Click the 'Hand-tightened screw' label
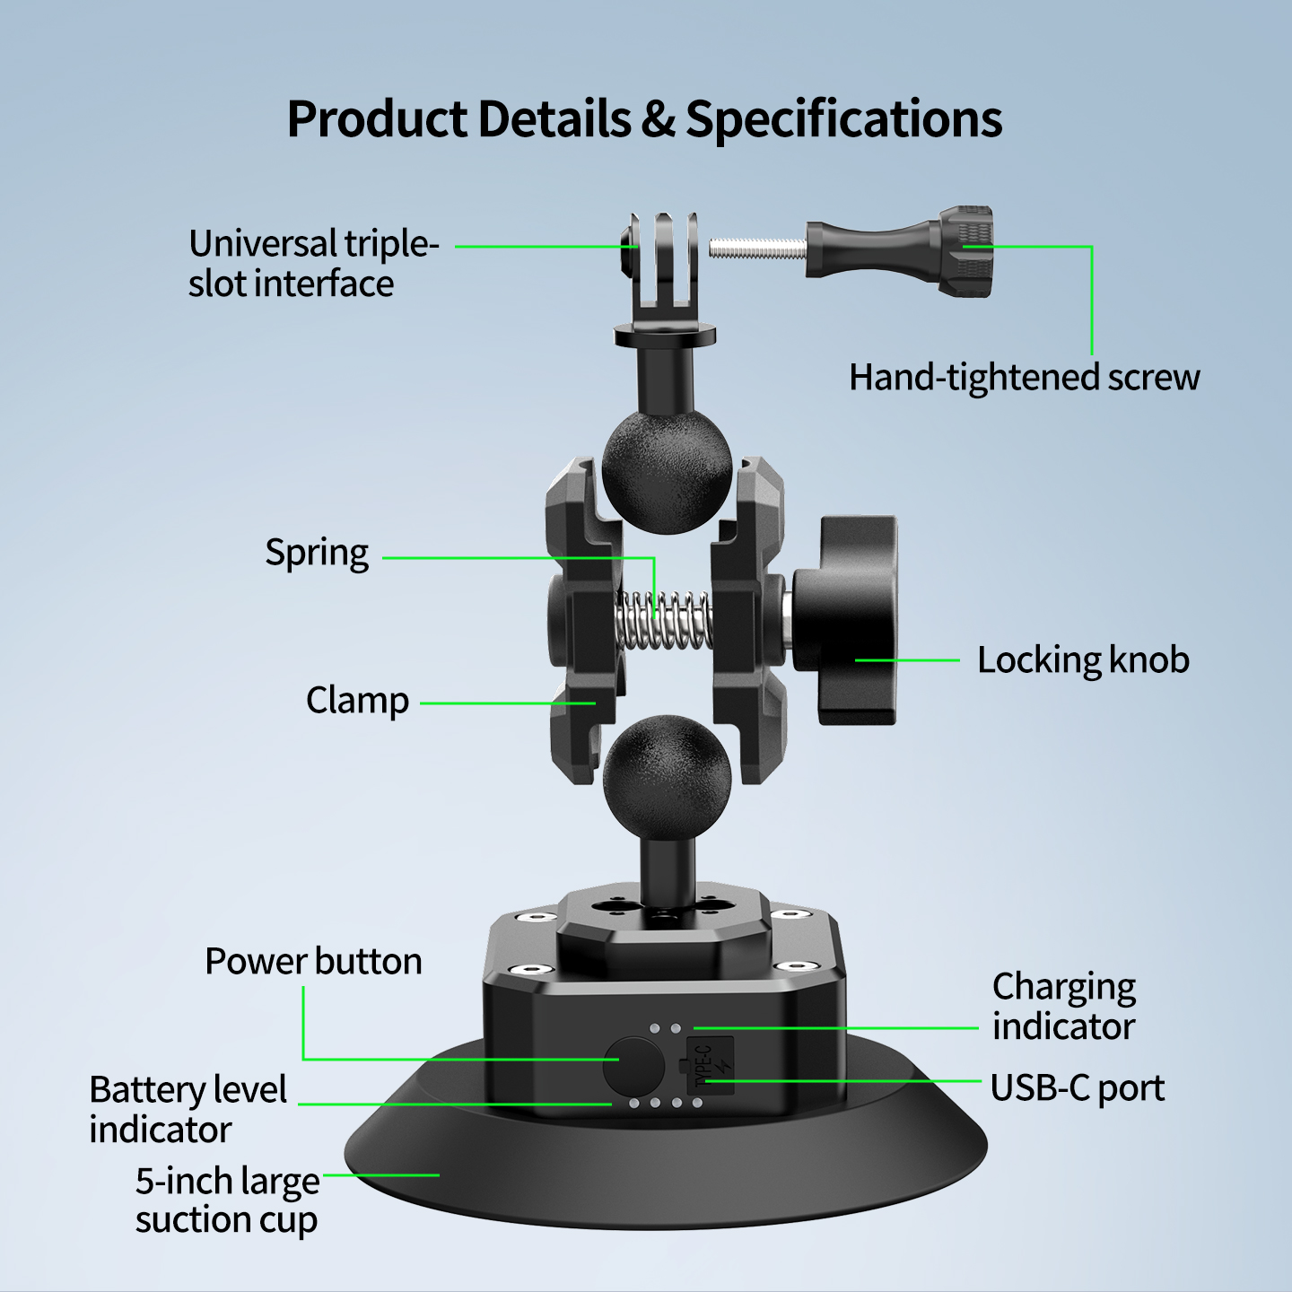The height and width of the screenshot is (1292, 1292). pyautogui.click(x=1024, y=378)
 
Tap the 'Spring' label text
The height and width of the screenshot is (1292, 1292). pyautogui.click(x=317, y=554)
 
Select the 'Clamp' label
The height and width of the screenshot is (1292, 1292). pyautogui.click(x=357, y=702)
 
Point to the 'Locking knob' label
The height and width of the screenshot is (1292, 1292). pyautogui.click(x=1083, y=659)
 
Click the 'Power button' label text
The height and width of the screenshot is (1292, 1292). pyautogui.click(x=313, y=962)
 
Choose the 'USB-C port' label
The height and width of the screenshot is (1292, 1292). pyautogui.click(x=1077, y=1087)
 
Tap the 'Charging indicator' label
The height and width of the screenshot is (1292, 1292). pyautogui.click(x=1064, y=1007)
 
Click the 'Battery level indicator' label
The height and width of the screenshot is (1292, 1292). pyautogui.click(x=188, y=1109)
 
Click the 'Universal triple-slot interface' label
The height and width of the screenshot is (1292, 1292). pyautogui.click(x=313, y=263)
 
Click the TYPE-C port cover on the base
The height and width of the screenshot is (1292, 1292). pyautogui.click(x=710, y=1065)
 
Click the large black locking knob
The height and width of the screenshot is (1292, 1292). pyautogui.click(x=845, y=620)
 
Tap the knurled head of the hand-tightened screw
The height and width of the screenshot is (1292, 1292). pyautogui.click(x=965, y=250)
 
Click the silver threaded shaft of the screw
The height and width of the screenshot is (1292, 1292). pyautogui.click(x=757, y=250)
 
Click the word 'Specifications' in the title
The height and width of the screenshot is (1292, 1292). pyautogui.click(x=843, y=118)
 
